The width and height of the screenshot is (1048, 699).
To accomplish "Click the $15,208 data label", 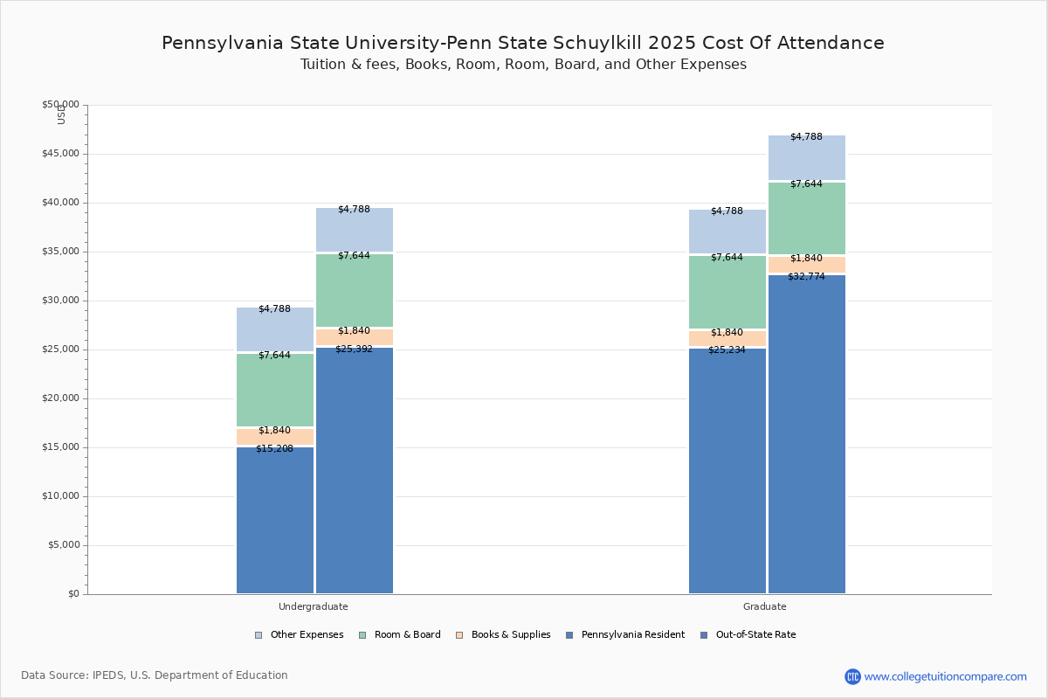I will pyautogui.click(x=274, y=448).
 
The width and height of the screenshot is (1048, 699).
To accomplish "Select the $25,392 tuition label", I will pyautogui.click(x=354, y=349).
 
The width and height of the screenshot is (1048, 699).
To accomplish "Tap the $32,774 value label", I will pyautogui.click(x=806, y=276).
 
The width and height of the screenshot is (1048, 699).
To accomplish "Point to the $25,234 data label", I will pyautogui.click(x=727, y=349).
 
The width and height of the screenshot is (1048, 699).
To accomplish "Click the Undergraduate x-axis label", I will pyautogui.click(x=313, y=606).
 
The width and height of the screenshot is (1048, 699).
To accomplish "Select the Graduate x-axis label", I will pyautogui.click(x=764, y=606).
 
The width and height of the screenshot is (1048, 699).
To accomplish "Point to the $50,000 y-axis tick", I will pyautogui.click(x=60, y=105).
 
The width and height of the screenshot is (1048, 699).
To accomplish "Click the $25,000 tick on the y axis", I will pyautogui.click(x=60, y=349).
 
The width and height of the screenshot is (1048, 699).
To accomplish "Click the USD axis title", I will pyautogui.click(x=61, y=114).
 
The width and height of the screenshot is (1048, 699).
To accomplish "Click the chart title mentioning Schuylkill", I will pyautogui.click(x=522, y=43).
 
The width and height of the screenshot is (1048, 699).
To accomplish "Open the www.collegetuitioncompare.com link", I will pyautogui.click(x=945, y=676).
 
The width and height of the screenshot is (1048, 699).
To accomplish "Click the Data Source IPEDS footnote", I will pyautogui.click(x=155, y=675).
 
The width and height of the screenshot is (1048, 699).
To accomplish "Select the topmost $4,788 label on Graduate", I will pyautogui.click(x=806, y=136).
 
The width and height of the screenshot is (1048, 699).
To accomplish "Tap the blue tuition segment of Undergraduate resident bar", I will pyautogui.click(x=274, y=524).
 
